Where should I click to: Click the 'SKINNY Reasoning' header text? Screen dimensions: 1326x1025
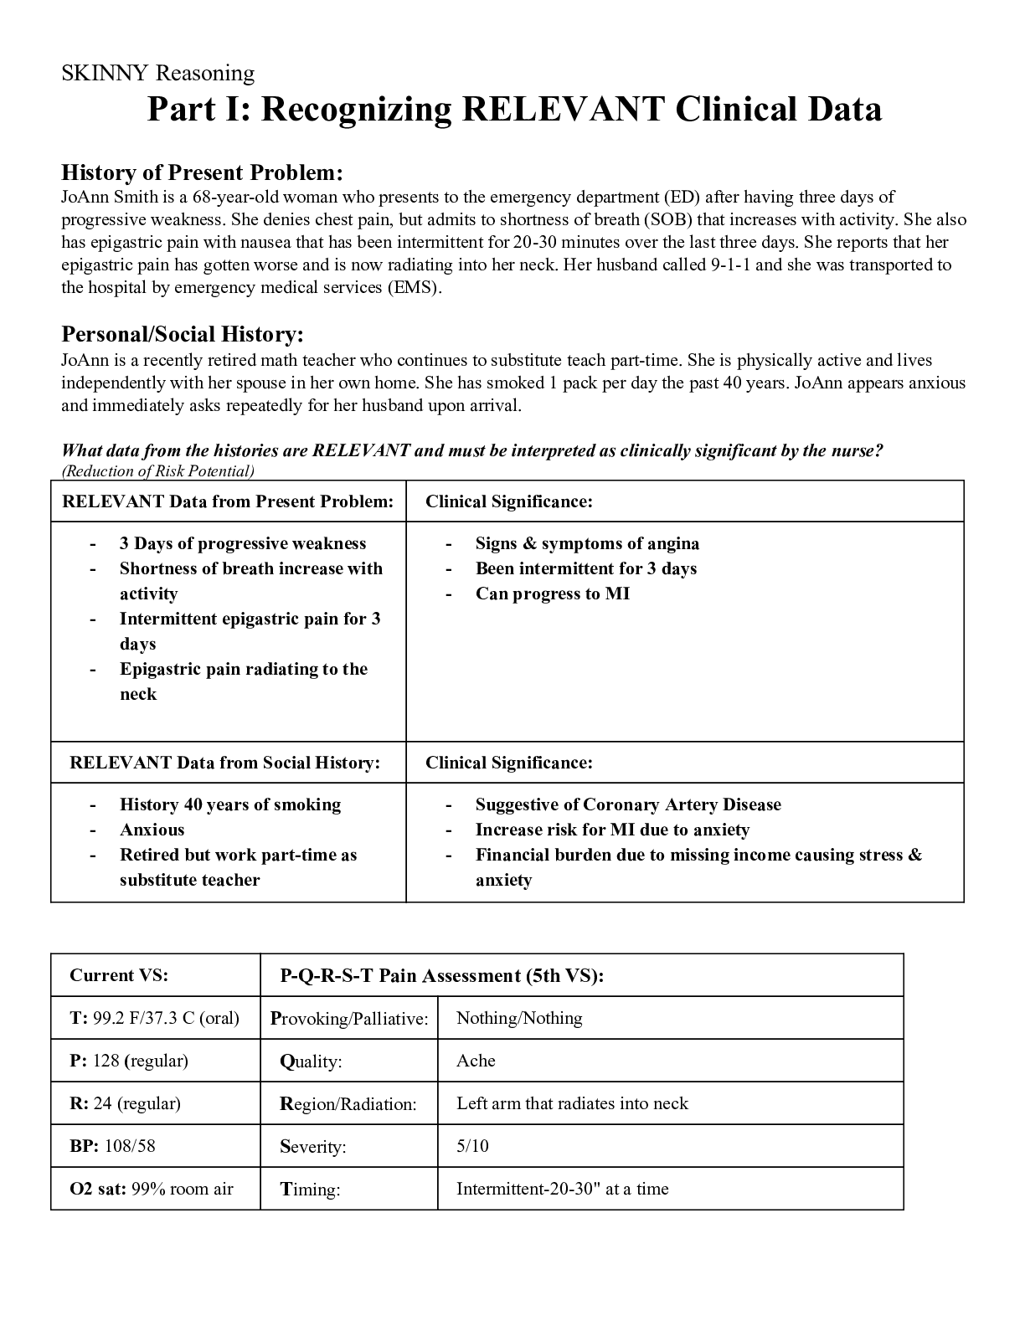coord(157,74)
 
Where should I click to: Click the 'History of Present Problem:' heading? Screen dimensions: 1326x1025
coord(202,172)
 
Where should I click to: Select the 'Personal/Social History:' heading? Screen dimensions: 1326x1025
coord(182,334)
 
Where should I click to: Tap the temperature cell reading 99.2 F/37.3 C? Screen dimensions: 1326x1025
coord(155,1018)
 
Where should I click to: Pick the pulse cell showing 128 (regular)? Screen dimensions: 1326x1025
coord(129,1061)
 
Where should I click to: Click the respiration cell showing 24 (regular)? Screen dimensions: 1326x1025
coord(126,1103)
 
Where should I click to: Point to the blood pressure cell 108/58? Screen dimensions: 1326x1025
coord(112,1146)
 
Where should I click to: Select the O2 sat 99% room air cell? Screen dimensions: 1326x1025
coord(152,1189)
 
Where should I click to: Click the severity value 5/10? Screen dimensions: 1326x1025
coord(472,1146)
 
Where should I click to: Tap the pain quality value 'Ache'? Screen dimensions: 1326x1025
coord(476,1061)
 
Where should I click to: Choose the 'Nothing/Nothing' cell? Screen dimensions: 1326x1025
coord(519,1018)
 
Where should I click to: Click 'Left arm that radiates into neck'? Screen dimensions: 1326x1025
coord(572,1103)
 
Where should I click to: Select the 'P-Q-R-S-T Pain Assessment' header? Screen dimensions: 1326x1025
coord(441,975)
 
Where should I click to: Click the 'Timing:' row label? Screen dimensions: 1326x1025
coord(310,1190)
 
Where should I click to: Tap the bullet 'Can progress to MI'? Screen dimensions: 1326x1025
coord(553,594)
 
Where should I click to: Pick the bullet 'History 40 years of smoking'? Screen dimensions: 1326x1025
coord(230,804)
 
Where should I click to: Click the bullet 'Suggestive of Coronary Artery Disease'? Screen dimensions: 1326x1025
coord(628,804)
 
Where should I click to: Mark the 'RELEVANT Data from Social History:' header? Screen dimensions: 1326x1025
coord(224,763)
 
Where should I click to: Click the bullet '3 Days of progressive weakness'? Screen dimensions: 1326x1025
coord(243,543)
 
